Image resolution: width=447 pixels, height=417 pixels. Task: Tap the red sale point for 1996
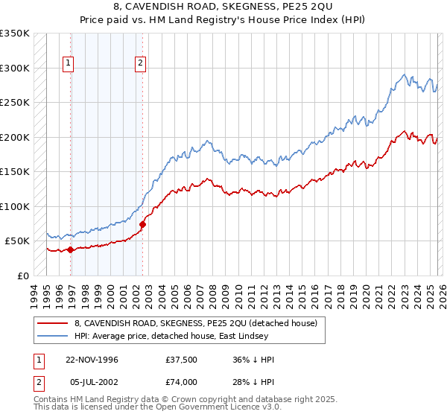coord(71,250)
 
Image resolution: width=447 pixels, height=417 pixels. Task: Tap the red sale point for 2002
coord(142,223)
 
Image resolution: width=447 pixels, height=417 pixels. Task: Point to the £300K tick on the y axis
coord(15,68)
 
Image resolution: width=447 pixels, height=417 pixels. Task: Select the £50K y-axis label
coord(17,241)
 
